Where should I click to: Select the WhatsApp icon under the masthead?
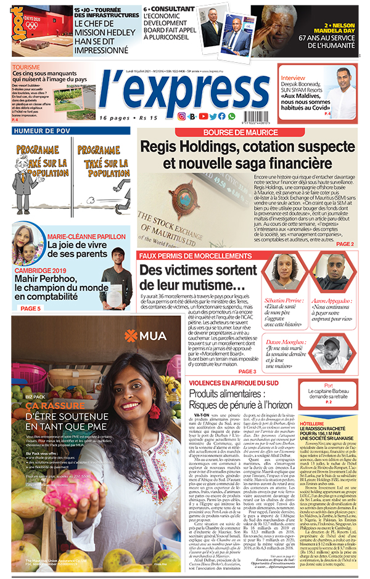(x=231, y=116)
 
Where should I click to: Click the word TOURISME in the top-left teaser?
(x=25, y=67)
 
